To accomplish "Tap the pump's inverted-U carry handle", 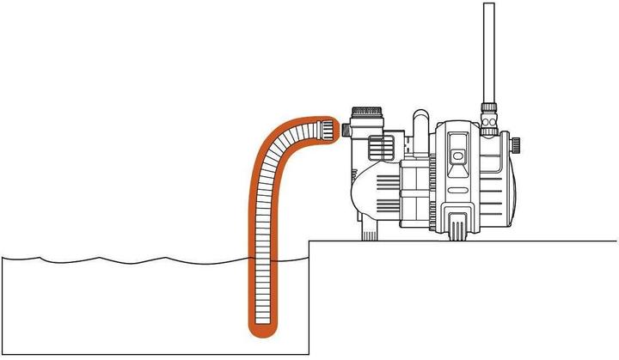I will pos(420,120).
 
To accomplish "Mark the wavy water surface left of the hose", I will pos(129,259).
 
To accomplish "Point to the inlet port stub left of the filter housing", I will pos(346,130).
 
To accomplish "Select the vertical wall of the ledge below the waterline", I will pos(309,301).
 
